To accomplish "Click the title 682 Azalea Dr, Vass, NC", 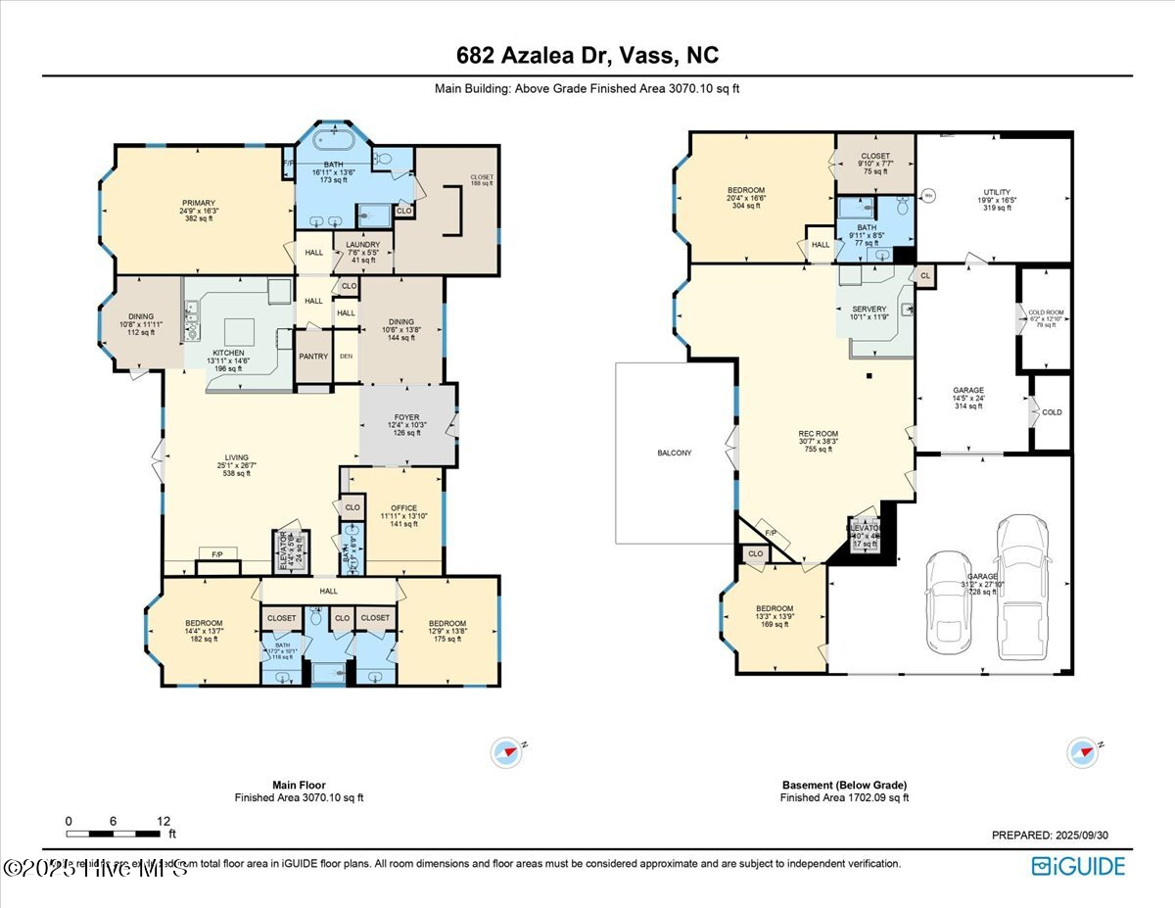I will (587, 55).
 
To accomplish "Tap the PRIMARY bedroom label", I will (197, 203).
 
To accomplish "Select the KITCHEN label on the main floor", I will (228, 353).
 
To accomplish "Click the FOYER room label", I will (406, 418).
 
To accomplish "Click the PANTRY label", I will (313, 357).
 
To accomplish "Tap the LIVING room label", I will (236, 457).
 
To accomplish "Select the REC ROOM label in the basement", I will (819, 434).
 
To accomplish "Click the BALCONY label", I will (674, 453).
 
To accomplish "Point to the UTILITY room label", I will (997, 193).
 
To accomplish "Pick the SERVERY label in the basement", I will (869, 310).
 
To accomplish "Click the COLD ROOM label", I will (1047, 314).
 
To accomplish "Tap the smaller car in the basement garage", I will (948, 599).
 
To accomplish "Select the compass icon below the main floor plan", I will (507, 751).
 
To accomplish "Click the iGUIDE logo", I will (1078, 866).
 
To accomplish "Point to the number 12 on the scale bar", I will (163, 821).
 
